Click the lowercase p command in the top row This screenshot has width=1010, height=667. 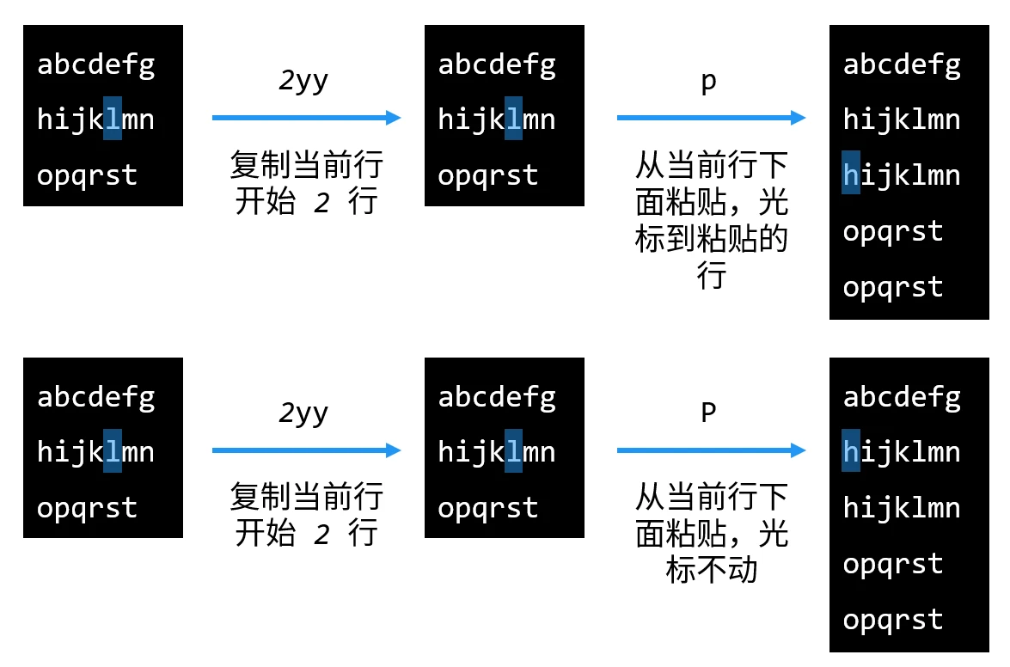709,83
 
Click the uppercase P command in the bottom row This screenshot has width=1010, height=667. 709,414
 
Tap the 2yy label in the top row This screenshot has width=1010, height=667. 303,82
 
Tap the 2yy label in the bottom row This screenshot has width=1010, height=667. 303,414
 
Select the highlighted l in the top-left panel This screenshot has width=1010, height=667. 112,119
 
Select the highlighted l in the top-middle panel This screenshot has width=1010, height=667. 513,119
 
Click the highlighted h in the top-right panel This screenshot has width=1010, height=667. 851,174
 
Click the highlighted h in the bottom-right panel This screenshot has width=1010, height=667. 851,451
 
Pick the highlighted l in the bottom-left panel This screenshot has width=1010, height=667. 112,451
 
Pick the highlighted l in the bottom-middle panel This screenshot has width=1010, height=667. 513,451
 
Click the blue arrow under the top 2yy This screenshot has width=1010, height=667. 306,118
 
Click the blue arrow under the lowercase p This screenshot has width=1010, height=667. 711,118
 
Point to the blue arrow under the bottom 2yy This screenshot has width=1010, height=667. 306,450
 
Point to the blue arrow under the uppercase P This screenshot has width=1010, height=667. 711,450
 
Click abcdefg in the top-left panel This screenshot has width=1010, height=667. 96,64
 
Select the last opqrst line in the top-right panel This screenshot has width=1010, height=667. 893,286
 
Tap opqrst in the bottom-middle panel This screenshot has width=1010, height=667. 487,507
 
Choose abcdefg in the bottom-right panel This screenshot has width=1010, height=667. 902,397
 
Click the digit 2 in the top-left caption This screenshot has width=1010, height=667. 321,204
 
